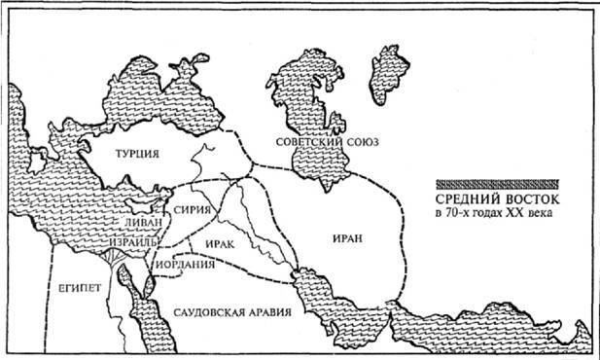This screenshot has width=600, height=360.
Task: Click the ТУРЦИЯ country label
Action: pyautogui.click(x=136, y=154)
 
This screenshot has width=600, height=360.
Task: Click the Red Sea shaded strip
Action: pyautogui.click(x=146, y=311)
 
